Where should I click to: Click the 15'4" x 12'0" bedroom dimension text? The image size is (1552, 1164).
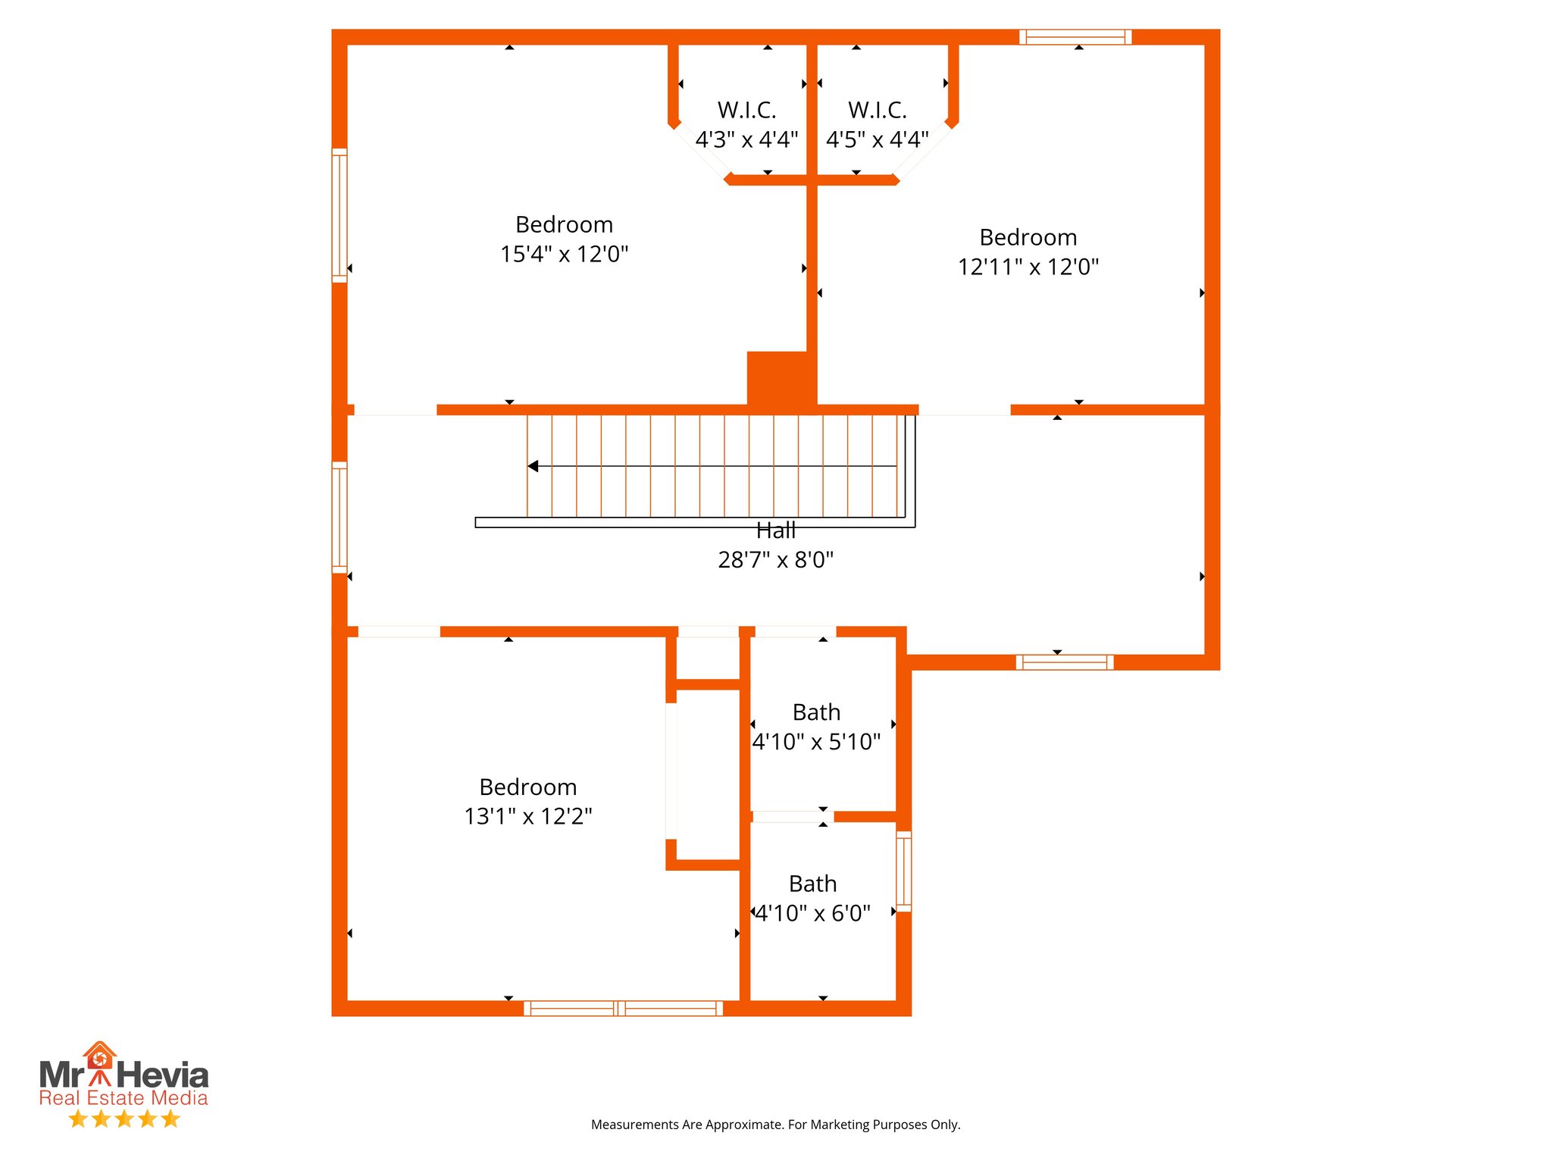(564, 254)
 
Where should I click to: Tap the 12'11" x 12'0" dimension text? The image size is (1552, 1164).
(1028, 267)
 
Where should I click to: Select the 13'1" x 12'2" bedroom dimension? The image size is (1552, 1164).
(527, 816)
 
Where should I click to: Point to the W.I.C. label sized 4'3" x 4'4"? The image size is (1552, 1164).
(746, 111)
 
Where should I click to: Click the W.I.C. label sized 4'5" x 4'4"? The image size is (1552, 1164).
(877, 111)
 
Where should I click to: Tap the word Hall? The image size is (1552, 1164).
(775, 530)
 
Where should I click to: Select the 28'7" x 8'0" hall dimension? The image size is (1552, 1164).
(775, 560)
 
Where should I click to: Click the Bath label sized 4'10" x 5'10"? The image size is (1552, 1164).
(816, 712)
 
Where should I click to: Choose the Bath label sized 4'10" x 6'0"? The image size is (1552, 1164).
(812, 884)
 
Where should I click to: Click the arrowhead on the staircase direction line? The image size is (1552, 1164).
(533, 466)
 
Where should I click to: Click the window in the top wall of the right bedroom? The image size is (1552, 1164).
(1075, 37)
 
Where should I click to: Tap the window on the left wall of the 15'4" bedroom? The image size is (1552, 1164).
(339, 216)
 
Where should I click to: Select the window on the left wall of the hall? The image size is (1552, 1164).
(339, 517)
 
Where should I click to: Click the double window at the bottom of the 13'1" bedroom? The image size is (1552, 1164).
(623, 1008)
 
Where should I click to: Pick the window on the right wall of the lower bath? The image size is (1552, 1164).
(903, 871)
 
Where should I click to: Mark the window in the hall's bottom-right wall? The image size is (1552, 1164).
(1064, 662)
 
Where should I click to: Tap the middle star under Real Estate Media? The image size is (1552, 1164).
(124, 1119)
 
